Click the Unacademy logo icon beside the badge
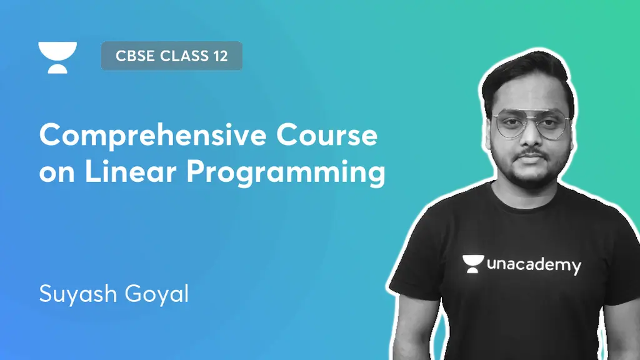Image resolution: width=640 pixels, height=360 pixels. (57, 57)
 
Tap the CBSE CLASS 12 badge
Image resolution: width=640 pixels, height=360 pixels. (171, 56)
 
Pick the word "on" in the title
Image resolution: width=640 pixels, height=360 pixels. (57, 174)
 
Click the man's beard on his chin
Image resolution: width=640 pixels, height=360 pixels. (530, 174)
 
